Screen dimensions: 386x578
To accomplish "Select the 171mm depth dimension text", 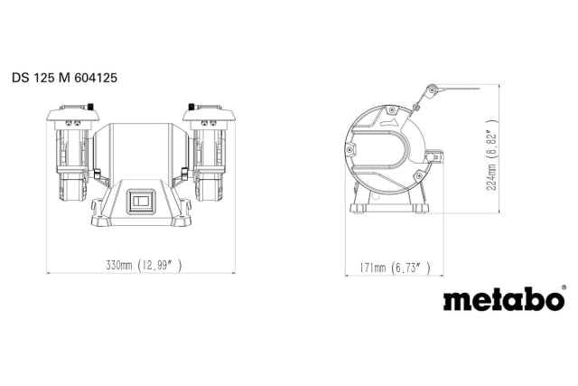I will pyautogui.click(x=370, y=268).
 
